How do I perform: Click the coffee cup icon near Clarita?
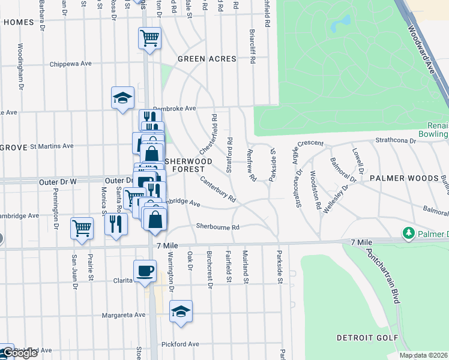click(x=144, y=271)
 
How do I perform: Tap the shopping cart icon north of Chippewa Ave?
click(x=149, y=38)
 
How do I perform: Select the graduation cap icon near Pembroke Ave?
click(x=122, y=98)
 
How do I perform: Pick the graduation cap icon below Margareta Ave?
click(x=181, y=311)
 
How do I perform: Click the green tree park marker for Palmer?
click(x=409, y=232)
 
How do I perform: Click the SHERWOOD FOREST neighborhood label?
click(x=188, y=166)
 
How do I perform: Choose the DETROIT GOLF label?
click(x=368, y=338)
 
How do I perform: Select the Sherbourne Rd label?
click(x=218, y=227)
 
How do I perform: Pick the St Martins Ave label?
click(x=52, y=146)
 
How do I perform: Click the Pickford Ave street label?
click(x=180, y=344)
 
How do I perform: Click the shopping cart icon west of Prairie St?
click(x=82, y=228)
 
